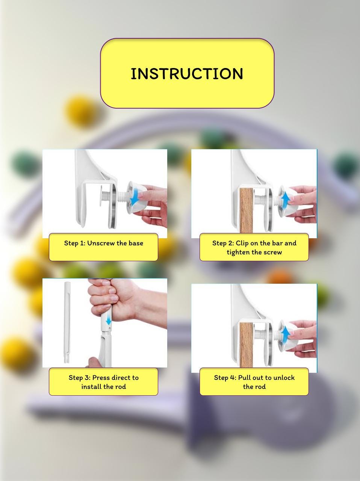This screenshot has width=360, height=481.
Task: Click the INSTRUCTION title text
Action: pyautogui.click(x=187, y=74)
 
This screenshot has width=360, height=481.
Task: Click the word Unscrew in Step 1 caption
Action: pyautogui.click(x=101, y=243)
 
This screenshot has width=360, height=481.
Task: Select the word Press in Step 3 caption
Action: pyautogui.click(x=101, y=378)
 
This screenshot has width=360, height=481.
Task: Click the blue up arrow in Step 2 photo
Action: pyautogui.click(x=286, y=198)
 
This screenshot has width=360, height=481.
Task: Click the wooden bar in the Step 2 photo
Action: pyautogui.click(x=246, y=210)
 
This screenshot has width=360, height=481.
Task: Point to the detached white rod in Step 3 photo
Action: pyautogui.click(x=67, y=322)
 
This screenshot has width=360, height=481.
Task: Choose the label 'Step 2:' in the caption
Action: pyautogui.click(x=223, y=243)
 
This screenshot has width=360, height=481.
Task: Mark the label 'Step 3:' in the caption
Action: pyautogui.click(x=79, y=378)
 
